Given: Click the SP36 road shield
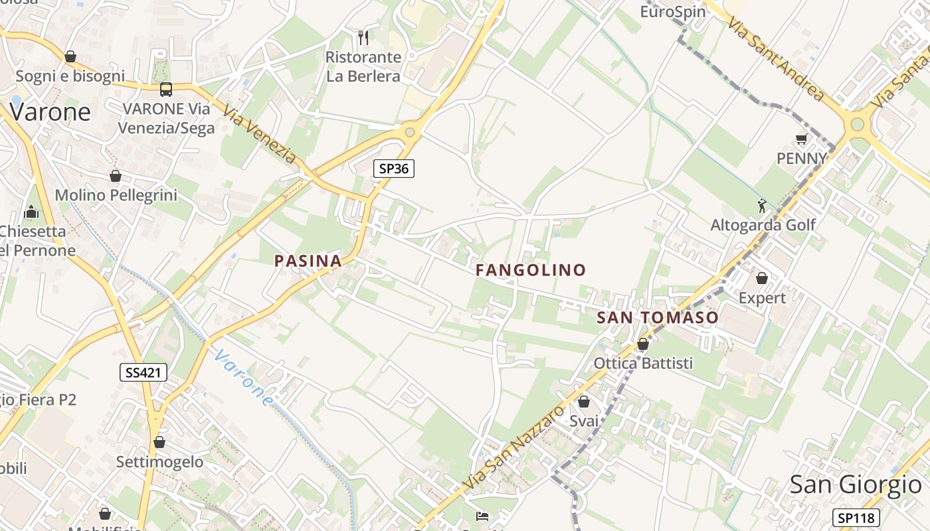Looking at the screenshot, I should pos(393,169).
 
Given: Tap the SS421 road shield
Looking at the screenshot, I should pos(143,372).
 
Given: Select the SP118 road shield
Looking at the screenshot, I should pos(856,518).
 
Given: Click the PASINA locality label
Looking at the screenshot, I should pos(308,261).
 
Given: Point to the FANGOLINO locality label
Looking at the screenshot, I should pos(531,270).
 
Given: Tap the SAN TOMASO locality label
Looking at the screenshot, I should pos(658,318).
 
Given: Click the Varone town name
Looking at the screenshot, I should pos(50,112).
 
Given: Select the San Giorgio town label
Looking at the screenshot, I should pos(856,485).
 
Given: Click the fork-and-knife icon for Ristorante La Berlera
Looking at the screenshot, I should pos(363,37).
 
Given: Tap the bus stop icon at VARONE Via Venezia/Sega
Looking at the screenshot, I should pos(166,89).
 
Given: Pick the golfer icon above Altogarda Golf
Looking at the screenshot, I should pos(762,206).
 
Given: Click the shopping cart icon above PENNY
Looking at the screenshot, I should pos(801,139).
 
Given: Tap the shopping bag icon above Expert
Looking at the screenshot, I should pos(762,278).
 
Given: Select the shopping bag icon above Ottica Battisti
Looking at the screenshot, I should pos(642,344).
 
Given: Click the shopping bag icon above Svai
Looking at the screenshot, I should pos(584,402).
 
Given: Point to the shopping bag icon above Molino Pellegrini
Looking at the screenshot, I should pos(116,176).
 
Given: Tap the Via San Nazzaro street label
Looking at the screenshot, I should pos(514,449).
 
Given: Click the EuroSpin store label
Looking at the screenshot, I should pos(672,12).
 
